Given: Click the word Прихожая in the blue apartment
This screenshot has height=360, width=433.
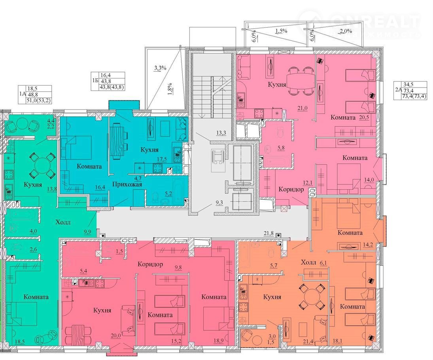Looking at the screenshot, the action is (127, 185).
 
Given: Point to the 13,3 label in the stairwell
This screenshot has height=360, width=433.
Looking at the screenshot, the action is (221, 133).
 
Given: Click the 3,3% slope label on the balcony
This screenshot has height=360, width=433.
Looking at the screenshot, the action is (160, 67).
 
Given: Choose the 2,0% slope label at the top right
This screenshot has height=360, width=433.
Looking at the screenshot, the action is (346, 31).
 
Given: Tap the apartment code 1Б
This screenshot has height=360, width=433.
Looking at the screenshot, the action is (95, 81).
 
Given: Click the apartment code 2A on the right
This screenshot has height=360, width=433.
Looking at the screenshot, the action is (398, 89).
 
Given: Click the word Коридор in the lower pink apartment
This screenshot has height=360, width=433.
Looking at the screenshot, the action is (150, 264).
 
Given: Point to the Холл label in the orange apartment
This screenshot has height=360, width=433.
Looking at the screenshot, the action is (308, 262).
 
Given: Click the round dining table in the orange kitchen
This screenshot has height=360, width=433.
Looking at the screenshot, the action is (311, 297).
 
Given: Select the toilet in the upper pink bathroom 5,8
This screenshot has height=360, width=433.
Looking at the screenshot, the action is (280, 132).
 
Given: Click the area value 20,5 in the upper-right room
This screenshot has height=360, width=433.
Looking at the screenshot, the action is (364, 117).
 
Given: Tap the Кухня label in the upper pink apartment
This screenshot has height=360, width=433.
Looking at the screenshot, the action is (277, 84).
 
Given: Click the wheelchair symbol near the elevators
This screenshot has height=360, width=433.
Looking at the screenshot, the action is (217, 157).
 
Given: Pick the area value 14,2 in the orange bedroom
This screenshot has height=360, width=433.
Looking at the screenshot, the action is (368, 244).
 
